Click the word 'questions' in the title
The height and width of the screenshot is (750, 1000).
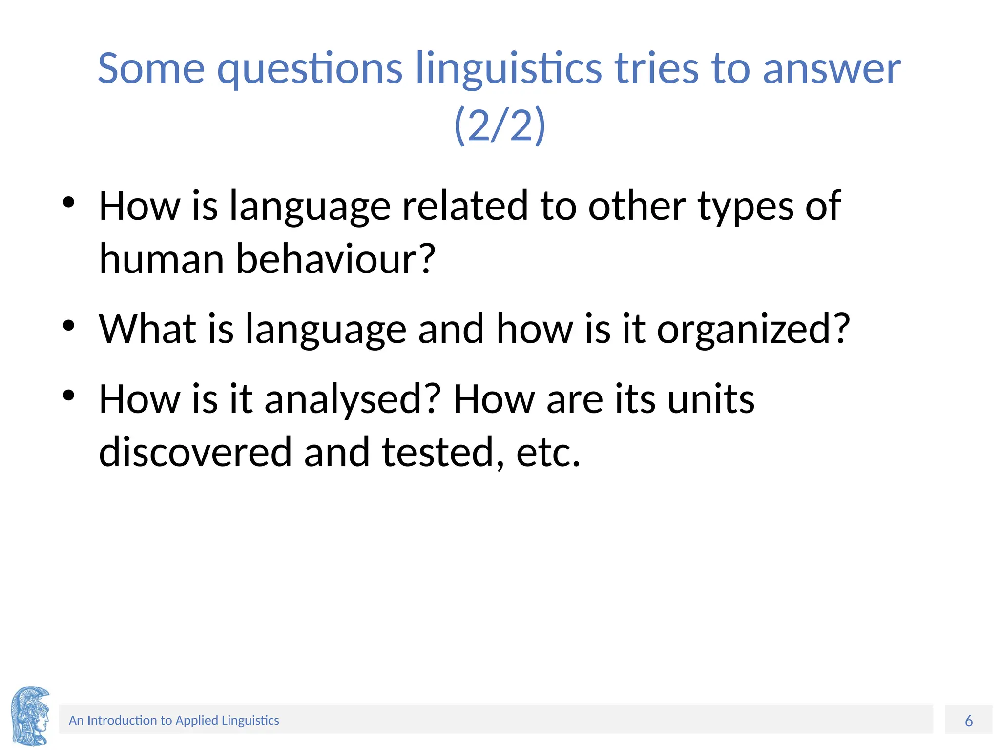click(310, 69)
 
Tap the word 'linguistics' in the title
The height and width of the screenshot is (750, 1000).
click(508, 69)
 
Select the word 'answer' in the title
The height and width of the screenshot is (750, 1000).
click(831, 69)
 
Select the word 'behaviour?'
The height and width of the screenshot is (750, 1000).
click(335, 259)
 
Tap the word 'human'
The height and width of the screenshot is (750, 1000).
click(162, 259)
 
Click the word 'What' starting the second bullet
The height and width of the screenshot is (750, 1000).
click(147, 329)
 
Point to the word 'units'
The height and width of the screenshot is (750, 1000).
click(710, 399)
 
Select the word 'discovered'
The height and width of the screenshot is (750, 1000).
click(195, 452)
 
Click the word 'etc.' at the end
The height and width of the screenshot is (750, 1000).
click(548, 453)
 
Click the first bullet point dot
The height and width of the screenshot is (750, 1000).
click(69, 202)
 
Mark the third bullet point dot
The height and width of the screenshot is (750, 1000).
click(69, 395)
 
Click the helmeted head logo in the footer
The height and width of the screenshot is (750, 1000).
click(30, 716)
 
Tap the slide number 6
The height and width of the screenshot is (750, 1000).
click(969, 720)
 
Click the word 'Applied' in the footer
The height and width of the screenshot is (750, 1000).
click(196, 721)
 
